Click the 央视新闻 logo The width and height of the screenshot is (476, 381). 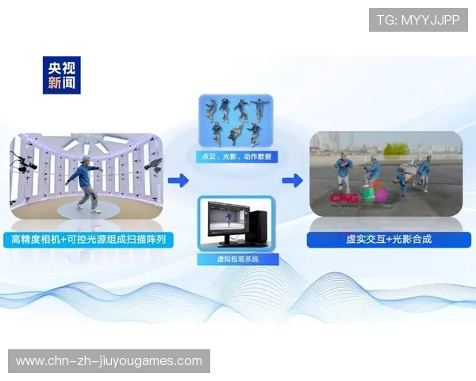[x=62, y=73]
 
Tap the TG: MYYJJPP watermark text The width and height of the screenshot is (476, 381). [x=418, y=20]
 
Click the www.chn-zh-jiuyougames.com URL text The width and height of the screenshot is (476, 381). [x=109, y=361]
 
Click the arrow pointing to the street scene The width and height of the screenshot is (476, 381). [x=292, y=181]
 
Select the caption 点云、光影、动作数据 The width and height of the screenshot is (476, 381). [x=236, y=157]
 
